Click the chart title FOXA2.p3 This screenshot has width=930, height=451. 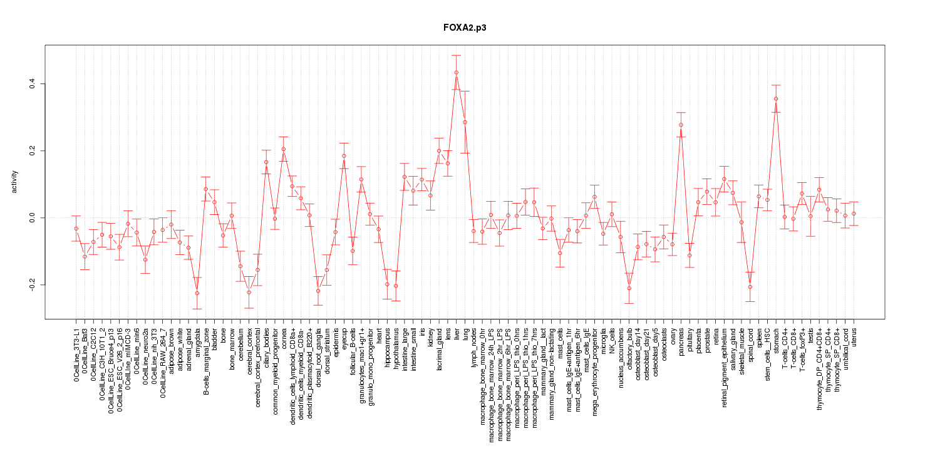[x=465, y=28]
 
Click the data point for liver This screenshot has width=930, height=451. [x=457, y=72]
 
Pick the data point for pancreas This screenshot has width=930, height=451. [x=681, y=125]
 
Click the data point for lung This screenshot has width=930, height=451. [x=465, y=122]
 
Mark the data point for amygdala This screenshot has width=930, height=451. [x=197, y=293]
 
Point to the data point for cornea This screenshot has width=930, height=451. [x=284, y=149]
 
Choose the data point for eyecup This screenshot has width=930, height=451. [x=344, y=156]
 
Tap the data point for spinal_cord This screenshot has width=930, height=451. [x=750, y=287]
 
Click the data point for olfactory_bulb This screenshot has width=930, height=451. [x=629, y=288]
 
